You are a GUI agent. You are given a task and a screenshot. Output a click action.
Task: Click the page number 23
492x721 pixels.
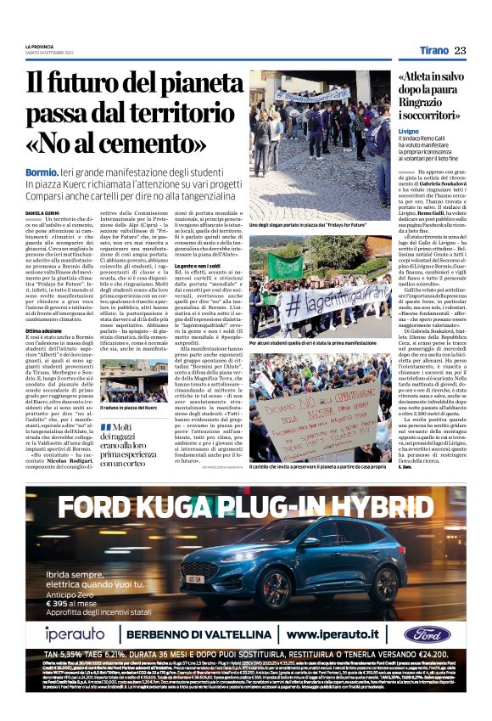(460, 50)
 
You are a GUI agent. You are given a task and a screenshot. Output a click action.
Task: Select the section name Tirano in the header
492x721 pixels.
(433, 50)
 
